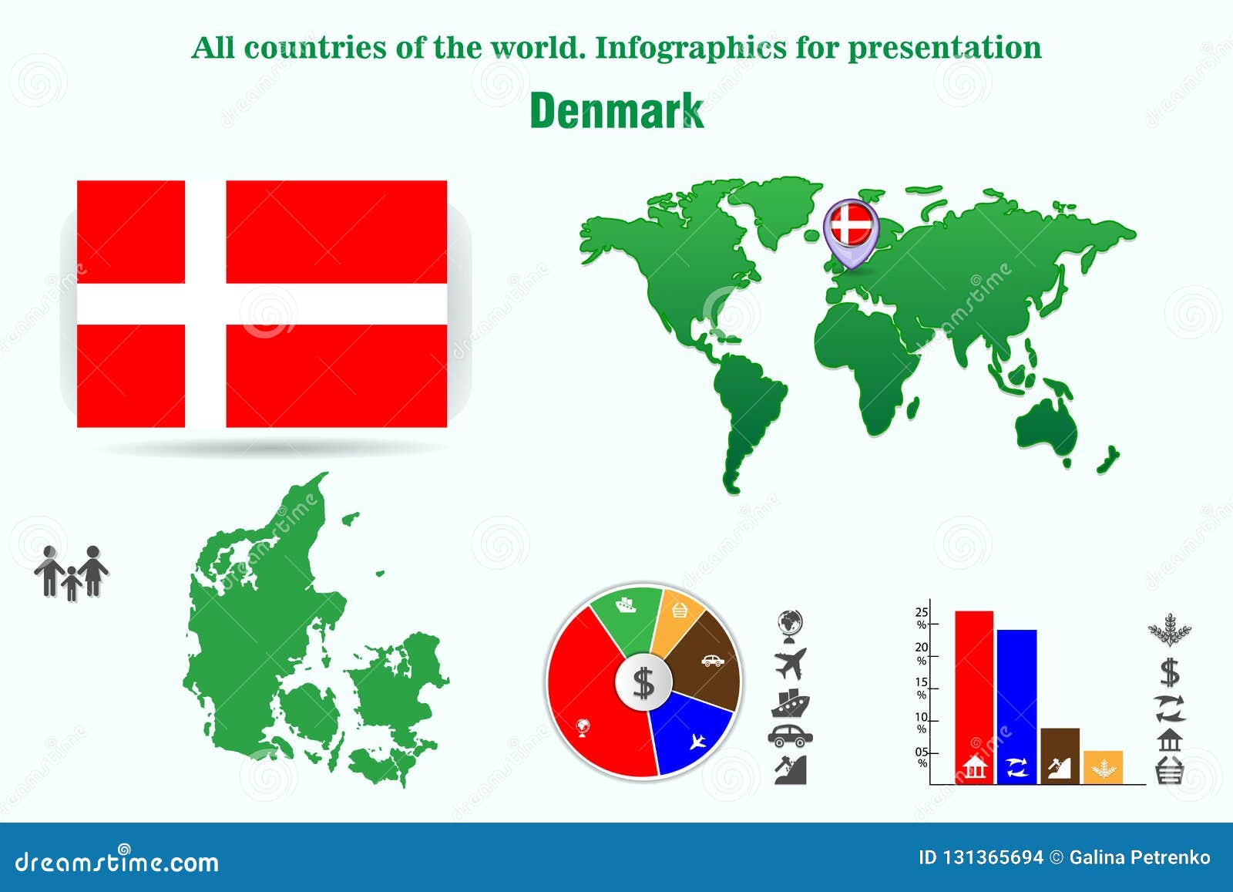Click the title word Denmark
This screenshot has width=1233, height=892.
click(x=616, y=111)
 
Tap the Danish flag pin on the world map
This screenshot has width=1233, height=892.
click(x=851, y=227)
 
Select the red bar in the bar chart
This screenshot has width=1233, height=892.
click(x=974, y=694)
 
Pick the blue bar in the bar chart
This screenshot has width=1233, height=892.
click(x=1016, y=702)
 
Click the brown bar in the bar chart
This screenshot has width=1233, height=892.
click(x=1060, y=756)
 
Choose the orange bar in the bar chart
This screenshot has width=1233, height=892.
click(x=1103, y=767)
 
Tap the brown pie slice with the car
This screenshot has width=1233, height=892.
click(x=705, y=659)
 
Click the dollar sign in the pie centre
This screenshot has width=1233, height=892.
click(x=643, y=682)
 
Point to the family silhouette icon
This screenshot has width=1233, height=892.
click(x=72, y=573)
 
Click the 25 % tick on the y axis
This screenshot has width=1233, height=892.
click(x=922, y=618)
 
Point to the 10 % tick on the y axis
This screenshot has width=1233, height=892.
click(x=922, y=723)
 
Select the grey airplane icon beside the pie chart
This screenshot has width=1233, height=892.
click(x=791, y=663)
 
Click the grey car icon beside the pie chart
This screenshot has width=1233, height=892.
click(x=791, y=735)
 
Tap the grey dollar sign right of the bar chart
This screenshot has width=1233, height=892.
click(x=1170, y=672)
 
